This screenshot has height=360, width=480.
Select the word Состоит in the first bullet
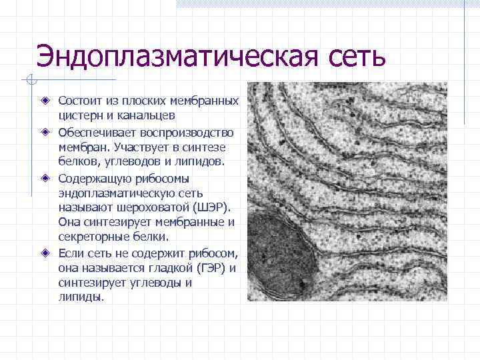tap(79, 101)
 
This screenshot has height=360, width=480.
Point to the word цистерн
tap(80, 115)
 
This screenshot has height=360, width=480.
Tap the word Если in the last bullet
tap(71, 253)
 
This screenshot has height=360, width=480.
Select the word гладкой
tap(169, 267)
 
